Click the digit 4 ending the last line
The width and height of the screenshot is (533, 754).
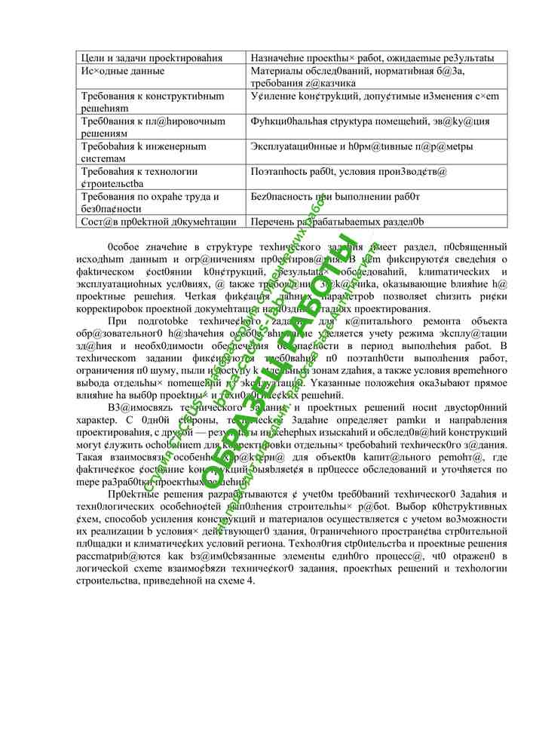click(252, 581)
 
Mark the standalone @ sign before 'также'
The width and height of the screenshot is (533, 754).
click(219, 285)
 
